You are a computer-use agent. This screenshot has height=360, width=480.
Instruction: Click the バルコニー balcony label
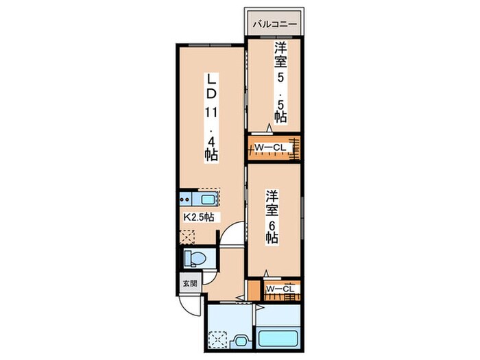(x=274, y=24)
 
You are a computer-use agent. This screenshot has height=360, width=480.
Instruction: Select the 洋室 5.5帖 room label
(x=280, y=83)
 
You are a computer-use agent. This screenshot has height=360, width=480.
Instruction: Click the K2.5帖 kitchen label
(x=199, y=217)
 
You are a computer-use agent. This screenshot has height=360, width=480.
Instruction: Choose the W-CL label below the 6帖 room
(x=280, y=289)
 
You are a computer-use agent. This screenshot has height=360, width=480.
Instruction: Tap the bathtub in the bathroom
(x=276, y=339)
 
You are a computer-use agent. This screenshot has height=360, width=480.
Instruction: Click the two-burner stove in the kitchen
(x=185, y=200)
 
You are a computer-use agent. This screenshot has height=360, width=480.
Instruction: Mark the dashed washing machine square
(x=219, y=339)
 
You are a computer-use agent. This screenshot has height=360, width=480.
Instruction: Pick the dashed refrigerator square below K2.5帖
(x=188, y=235)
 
